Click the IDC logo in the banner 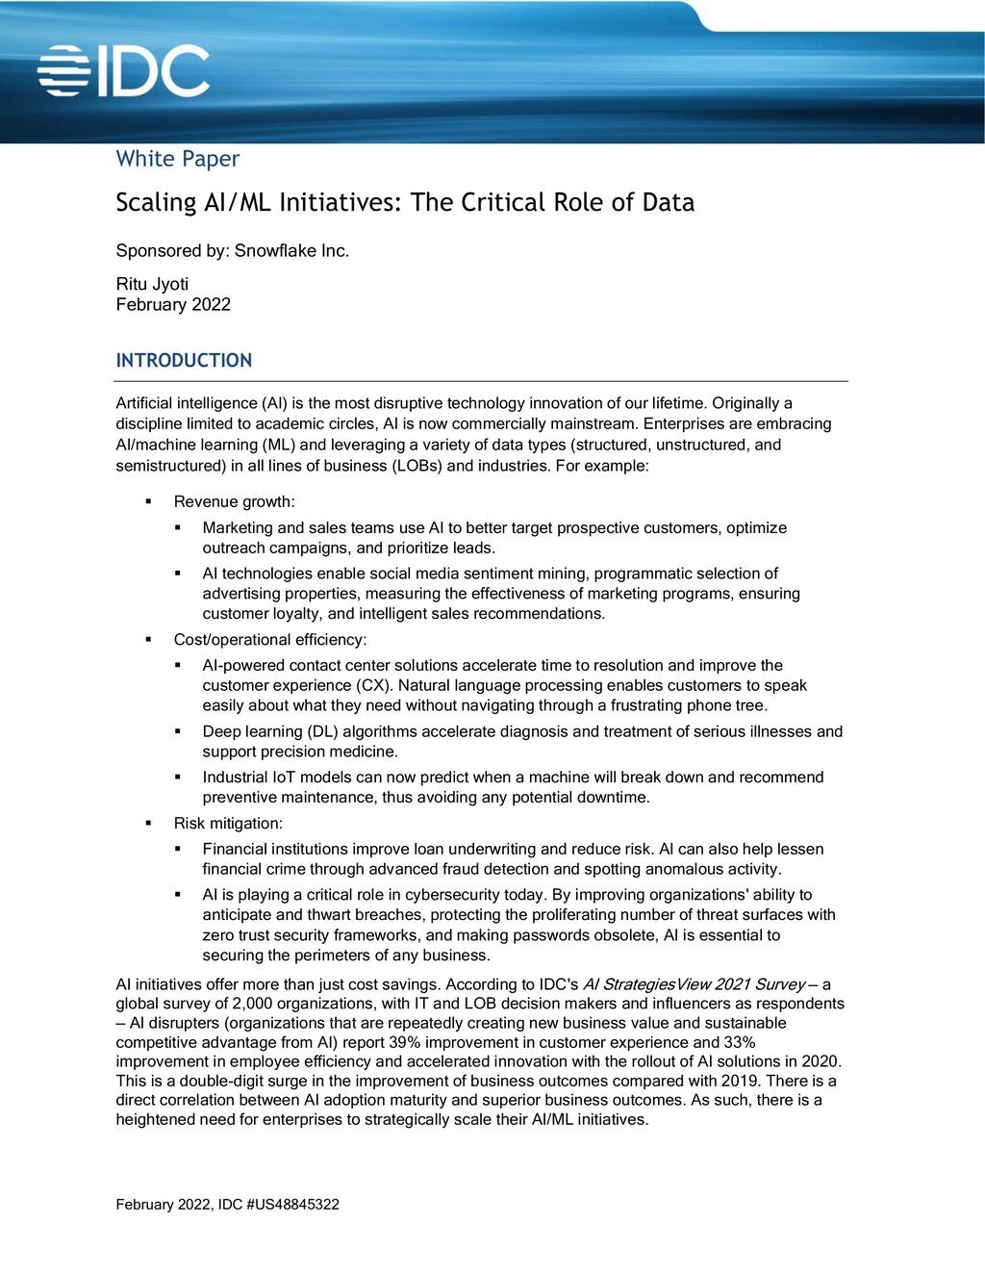tap(123, 70)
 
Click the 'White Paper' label tap(177, 159)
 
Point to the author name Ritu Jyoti tap(152, 284)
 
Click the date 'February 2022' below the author tap(173, 305)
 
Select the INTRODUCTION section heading tap(184, 361)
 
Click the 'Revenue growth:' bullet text tap(234, 502)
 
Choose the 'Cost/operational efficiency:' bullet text tap(270, 640)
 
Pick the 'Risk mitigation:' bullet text tap(228, 824)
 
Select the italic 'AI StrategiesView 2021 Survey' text tap(694, 984)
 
